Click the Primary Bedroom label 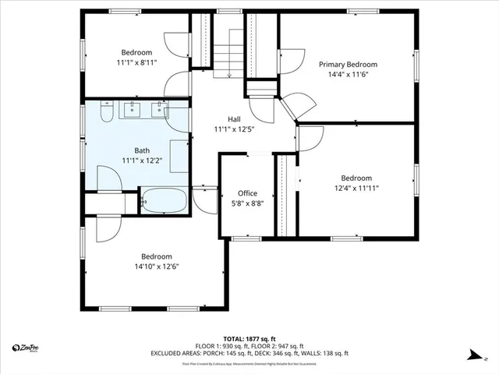[x=348, y=65]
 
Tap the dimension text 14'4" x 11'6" [x=348, y=76]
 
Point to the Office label [x=247, y=193]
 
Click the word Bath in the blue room [x=142, y=151]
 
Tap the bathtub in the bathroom [x=164, y=200]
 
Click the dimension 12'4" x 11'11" [x=356, y=188]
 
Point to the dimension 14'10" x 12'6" [x=156, y=266]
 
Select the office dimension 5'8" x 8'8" [x=247, y=203]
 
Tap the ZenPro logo [x=25, y=347]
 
